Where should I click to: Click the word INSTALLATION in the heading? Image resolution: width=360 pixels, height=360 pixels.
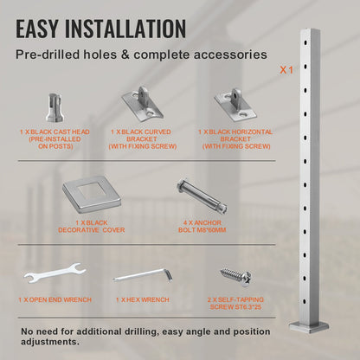click(x=125, y=29)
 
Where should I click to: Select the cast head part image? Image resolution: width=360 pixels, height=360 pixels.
click(x=55, y=107)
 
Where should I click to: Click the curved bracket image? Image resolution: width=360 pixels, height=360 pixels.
click(x=143, y=103)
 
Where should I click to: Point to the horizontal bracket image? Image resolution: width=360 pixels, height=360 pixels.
click(x=235, y=103)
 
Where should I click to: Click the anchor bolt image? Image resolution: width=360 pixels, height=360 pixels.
click(x=202, y=196)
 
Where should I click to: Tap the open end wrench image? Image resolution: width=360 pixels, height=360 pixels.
click(x=55, y=273)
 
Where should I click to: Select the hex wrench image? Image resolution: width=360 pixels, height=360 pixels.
click(x=143, y=275)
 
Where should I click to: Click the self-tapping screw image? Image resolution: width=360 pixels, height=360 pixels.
click(x=236, y=277)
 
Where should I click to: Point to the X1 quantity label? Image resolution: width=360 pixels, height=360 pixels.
click(x=286, y=70)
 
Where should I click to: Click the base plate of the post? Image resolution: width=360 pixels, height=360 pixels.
click(x=309, y=327)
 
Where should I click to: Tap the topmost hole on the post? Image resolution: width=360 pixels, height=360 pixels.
click(x=305, y=43)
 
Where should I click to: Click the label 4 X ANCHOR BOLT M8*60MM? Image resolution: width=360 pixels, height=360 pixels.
click(x=202, y=227)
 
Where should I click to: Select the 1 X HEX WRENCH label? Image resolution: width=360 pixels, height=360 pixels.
click(x=143, y=300)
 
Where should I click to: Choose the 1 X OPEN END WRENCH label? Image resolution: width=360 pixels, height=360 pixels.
click(x=55, y=300)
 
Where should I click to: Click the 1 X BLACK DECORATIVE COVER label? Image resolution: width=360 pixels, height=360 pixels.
click(x=92, y=227)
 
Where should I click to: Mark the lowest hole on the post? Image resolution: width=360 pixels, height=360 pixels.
click(x=305, y=302)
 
